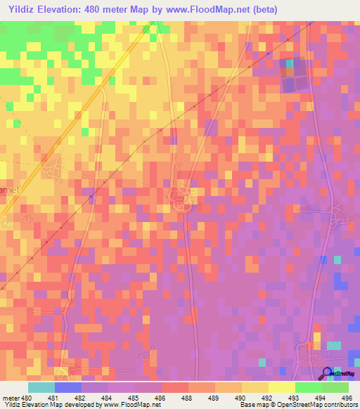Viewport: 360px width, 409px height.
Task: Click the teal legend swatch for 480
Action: pos(41,387)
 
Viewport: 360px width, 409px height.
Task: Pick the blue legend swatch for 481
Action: pos(68,387)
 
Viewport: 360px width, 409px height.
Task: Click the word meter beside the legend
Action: pos(11,397)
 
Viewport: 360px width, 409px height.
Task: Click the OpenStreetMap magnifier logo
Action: pos(328,373)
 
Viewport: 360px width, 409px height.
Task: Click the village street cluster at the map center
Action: pos(181,195)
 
